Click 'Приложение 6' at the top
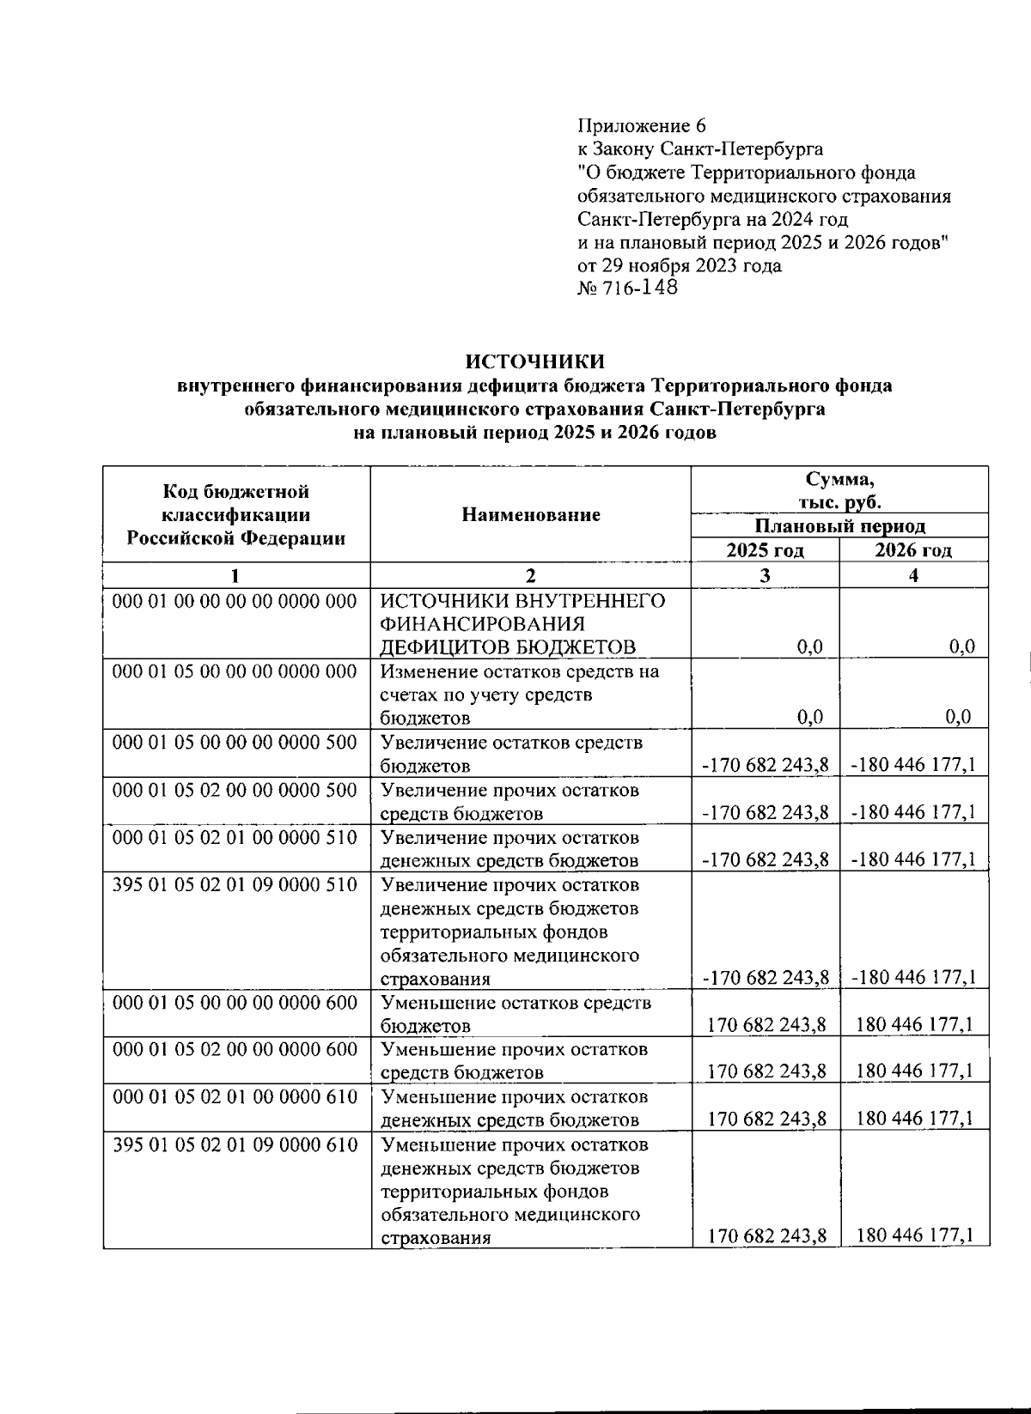(641, 125)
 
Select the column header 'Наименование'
(530, 514)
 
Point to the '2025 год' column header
(765, 550)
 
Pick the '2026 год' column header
(913, 550)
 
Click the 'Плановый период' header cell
(839, 525)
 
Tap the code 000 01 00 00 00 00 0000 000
(235, 601)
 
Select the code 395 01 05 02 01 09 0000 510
(235, 884)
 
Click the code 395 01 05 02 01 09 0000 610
(235, 1144)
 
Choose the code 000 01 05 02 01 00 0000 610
(235, 1096)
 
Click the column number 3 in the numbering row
(765, 575)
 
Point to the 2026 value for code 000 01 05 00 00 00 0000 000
(961, 717)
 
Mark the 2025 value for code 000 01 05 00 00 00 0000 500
(765, 764)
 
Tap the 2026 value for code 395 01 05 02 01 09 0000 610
(915, 1235)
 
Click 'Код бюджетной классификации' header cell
(236, 515)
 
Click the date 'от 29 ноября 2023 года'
(680, 265)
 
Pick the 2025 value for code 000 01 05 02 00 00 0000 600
(767, 1071)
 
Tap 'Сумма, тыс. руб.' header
(839, 490)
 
